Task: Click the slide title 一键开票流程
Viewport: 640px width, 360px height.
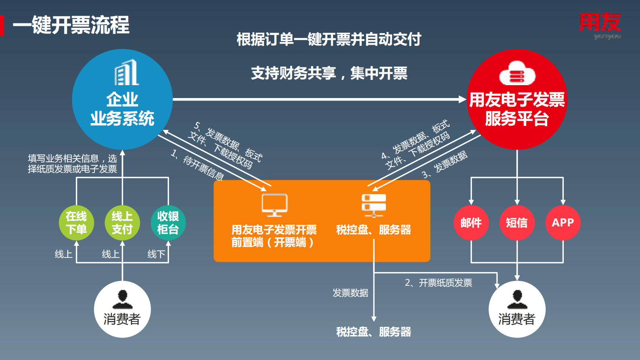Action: (71, 25)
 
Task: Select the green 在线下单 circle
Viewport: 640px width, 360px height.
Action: (76, 223)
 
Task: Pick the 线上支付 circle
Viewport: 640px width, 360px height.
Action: (122, 223)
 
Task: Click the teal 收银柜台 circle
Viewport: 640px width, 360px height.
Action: (168, 223)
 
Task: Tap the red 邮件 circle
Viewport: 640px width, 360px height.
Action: (471, 223)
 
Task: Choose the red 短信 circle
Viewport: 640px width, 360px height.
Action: (517, 223)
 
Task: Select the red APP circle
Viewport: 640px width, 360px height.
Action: (563, 223)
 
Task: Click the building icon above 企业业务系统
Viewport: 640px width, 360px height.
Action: (127, 73)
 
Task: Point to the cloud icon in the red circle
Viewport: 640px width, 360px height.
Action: (517, 73)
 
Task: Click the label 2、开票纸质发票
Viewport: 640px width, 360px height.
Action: (438, 283)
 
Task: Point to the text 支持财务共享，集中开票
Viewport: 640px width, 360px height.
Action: (329, 73)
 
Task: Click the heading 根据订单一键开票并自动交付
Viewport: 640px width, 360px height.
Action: (329, 40)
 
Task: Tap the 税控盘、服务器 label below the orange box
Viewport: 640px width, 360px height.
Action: (373, 332)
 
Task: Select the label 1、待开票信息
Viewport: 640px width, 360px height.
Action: (198, 165)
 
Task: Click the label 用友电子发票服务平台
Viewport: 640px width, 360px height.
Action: (517, 109)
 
